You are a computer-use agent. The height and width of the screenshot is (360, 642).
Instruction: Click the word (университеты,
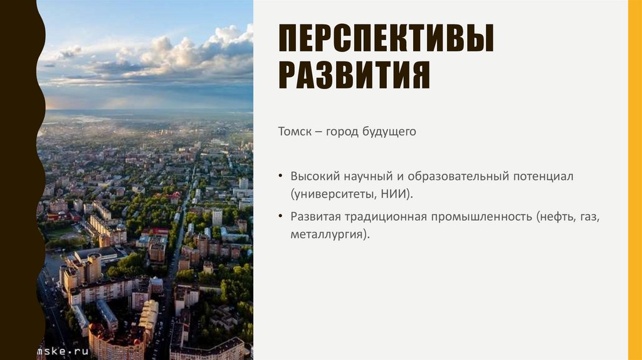[332, 194]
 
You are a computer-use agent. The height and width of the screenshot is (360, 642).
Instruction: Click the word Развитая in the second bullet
[315, 217]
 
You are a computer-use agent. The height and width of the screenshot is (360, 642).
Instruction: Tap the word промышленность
[480, 217]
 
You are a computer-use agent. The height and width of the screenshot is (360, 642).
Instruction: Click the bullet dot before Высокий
[281, 177]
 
